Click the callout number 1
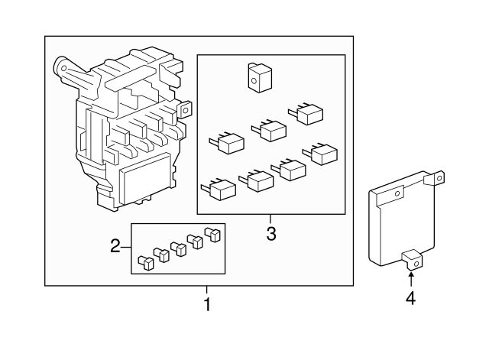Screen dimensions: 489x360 tap(207, 304)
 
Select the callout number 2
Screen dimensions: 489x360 tap(115, 246)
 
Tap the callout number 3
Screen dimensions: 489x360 tap(271, 234)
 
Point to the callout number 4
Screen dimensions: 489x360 tap(411, 298)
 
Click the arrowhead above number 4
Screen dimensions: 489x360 tap(411, 274)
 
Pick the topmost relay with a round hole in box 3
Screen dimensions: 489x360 tap(260, 78)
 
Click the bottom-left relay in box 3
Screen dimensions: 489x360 tap(219, 190)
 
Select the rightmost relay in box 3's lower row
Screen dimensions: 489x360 tap(320, 154)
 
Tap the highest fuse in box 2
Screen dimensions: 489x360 tap(212, 234)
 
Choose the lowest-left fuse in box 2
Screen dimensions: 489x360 tap(146, 262)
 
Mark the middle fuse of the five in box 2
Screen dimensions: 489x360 tap(179, 248)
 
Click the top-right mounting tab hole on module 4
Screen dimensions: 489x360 tap(439, 178)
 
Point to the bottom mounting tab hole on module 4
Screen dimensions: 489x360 tap(416, 264)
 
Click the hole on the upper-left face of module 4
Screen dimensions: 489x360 tap(397, 193)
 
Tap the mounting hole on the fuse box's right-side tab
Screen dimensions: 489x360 tap(186, 110)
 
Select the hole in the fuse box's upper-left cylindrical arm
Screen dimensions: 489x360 tap(64, 68)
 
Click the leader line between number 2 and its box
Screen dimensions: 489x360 tap(126, 247)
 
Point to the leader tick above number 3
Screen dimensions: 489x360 tap(270, 219)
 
